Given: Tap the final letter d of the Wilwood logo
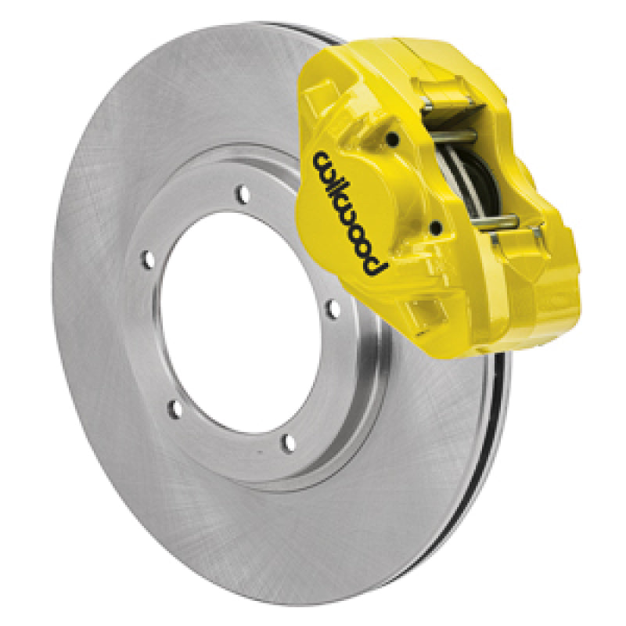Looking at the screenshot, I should coord(377,266).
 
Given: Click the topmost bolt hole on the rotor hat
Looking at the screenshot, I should coord(243,191).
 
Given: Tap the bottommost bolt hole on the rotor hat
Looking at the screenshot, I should coord(289,444).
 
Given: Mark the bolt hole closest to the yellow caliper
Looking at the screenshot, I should coord(334,310).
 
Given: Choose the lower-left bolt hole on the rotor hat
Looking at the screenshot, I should coord(176,408).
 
